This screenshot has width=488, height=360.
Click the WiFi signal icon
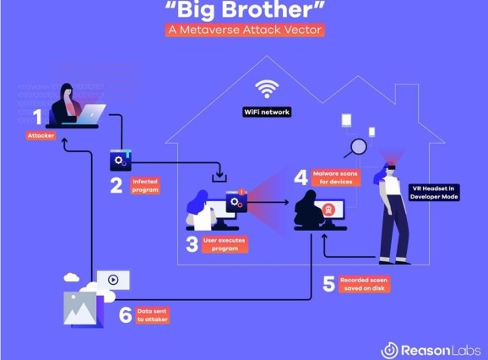pyautogui.click(x=267, y=89)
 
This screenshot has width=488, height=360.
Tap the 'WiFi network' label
pyautogui.click(x=267, y=112)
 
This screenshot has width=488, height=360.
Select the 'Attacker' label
pyautogui.click(x=41, y=135)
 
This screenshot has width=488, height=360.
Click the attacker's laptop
pyautogui.click(x=90, y=114)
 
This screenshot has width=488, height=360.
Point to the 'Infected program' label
pyautogui.click(x=145, y=186)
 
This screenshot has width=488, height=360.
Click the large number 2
pyautogui.click(x=117, y=186)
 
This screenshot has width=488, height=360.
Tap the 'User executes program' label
pyautogui.click(x=225, y=244)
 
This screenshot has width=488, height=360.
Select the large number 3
pyautogui.click(x=192, y=244)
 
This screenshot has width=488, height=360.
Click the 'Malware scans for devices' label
pyautogui.click(x=335, y=177)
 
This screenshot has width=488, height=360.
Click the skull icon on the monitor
pyautogui.click(x=328, y=210)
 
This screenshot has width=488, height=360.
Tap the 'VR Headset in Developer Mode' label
pyautogui.click(x=434, y=193)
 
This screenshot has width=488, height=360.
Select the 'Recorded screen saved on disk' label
pyautogui.click(x=364, y=284)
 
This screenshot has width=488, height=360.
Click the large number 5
pyautogui.click(x=329, y=284)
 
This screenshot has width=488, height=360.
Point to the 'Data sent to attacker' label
pyautogui.click(x=153, y=315)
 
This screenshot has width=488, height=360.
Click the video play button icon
pyautogui.click(x=113, y=280)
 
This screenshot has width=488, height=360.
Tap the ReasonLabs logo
pyautogui.click(x=431, y=351)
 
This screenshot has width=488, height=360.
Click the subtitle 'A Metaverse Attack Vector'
pyautogui.click(x=245, y=30)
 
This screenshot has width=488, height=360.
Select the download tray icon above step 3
pyautogui.click(x=220, y=173)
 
